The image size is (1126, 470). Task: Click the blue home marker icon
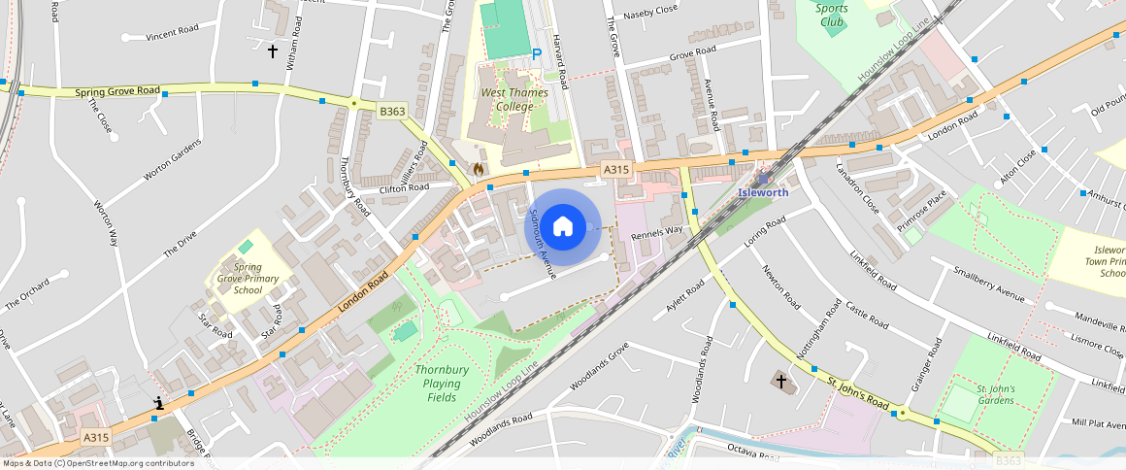[563, 226]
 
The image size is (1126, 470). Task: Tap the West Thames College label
[514, 99]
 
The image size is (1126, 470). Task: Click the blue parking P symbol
[537, 54]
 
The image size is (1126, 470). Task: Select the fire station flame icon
[478, 168]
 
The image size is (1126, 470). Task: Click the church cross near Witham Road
[273, 50]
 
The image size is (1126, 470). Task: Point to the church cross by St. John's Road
[781, 381]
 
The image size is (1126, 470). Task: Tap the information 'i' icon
[158, 402]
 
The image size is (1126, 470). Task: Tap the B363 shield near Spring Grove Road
[392, 112]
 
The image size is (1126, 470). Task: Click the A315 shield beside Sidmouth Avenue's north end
[616, 169]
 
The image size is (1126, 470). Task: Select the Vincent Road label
[172, 32]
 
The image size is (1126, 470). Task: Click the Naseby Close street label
[650, 11]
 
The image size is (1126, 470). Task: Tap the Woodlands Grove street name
[599, 365]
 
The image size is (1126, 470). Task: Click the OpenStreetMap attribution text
[99, 463]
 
